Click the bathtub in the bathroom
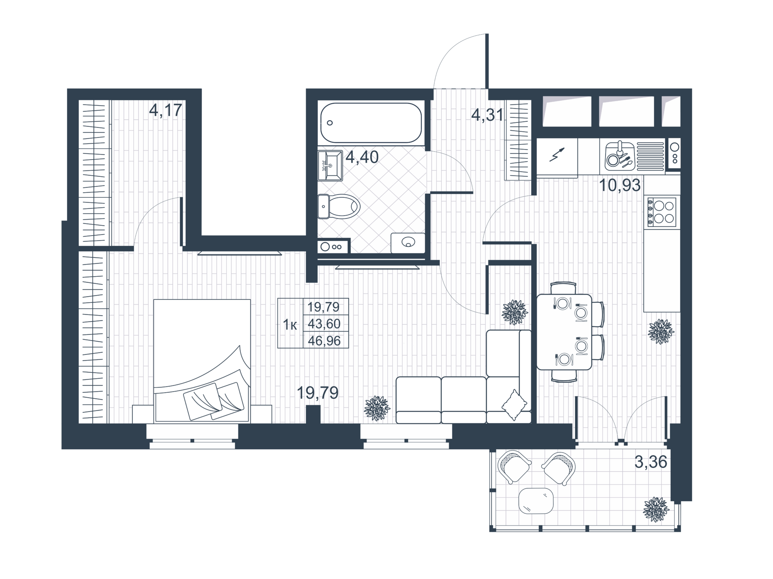pyautogui.click(x=371, y=122)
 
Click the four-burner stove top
pyautogui.click(x=661, y=212)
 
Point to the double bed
pyautogui.click(x=202, y=360)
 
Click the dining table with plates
pyautogui.click(x=564, y=332)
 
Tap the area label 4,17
pyautogui.click(x=165, y=110)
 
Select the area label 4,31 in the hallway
pyautogui.click(x=487, y=115)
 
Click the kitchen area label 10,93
pyautogui.click(x=620, y=185)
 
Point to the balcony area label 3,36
pyautogui.click(x=651, y=462)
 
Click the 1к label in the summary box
pyautogui.click(x=290, y=324)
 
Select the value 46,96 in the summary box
pyautogui.click(x=324, y=341)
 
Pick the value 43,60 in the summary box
pyautogui.click(x=324, y=324)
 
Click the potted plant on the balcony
pyautogui.click(x=656, y=509)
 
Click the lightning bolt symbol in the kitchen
pyautogui.click(x=557, y=155)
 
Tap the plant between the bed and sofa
pyautogui.click(x=377, y=408)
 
